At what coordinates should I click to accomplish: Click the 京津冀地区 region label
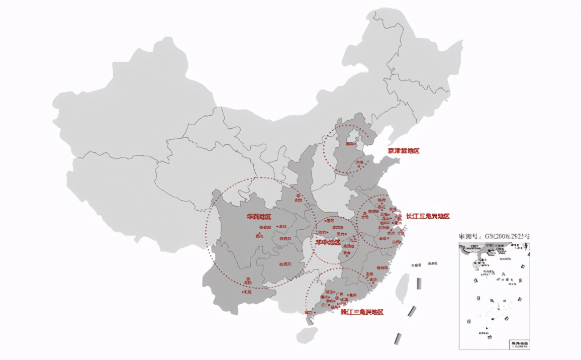(403, 150)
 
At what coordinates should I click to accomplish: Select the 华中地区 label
(328, 242)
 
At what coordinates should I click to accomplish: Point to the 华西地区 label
(259, 217)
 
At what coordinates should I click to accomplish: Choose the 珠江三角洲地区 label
(362, 312)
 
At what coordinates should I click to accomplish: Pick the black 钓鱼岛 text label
(432, 263)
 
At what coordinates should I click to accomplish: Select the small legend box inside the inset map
(519, 344)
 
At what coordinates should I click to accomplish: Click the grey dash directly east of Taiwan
(419, 283)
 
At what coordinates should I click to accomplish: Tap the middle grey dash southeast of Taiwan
(412, 311)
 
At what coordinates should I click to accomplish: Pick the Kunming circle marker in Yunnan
(247, 283)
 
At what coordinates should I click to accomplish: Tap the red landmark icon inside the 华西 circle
(260, 235)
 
